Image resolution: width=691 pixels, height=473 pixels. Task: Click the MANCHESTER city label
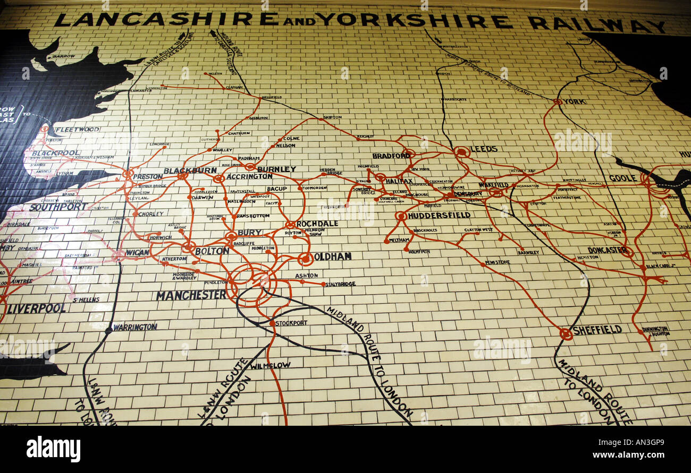click(x=191, y=295)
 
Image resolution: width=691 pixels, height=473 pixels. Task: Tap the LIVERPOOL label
click(x=36, y=308)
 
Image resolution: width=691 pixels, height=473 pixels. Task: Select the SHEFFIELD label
click(x=597, y=330)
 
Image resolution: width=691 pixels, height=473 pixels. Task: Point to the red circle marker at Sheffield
click(x=566, y=334)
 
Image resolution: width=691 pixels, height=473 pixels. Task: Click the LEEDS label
click(x=484, y=149)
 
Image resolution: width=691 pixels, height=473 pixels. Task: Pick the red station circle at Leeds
click(x=461, y=152)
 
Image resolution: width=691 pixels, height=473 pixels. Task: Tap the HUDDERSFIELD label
click(x=439, y=215)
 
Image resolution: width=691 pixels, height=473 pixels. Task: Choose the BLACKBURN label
click(x=190, y=170)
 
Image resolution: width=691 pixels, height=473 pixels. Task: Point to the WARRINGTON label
click(x=135, y=327)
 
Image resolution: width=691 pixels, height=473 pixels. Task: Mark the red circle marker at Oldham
click(x=305, y=259)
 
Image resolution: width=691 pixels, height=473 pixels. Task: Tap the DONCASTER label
click(x=606, y=250)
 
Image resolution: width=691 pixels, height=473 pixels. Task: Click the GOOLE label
click(x=622, y=178)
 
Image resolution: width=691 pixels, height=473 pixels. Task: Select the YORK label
click(x=575, y=101)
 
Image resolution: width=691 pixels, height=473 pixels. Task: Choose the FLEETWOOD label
click(x=77, y=129)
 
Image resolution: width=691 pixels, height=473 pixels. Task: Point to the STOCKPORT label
click(x=291, y=323)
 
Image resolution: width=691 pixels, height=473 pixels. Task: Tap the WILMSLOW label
click(x=271, y=366)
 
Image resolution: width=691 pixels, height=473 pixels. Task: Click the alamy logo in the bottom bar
click(x=53, y=449)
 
